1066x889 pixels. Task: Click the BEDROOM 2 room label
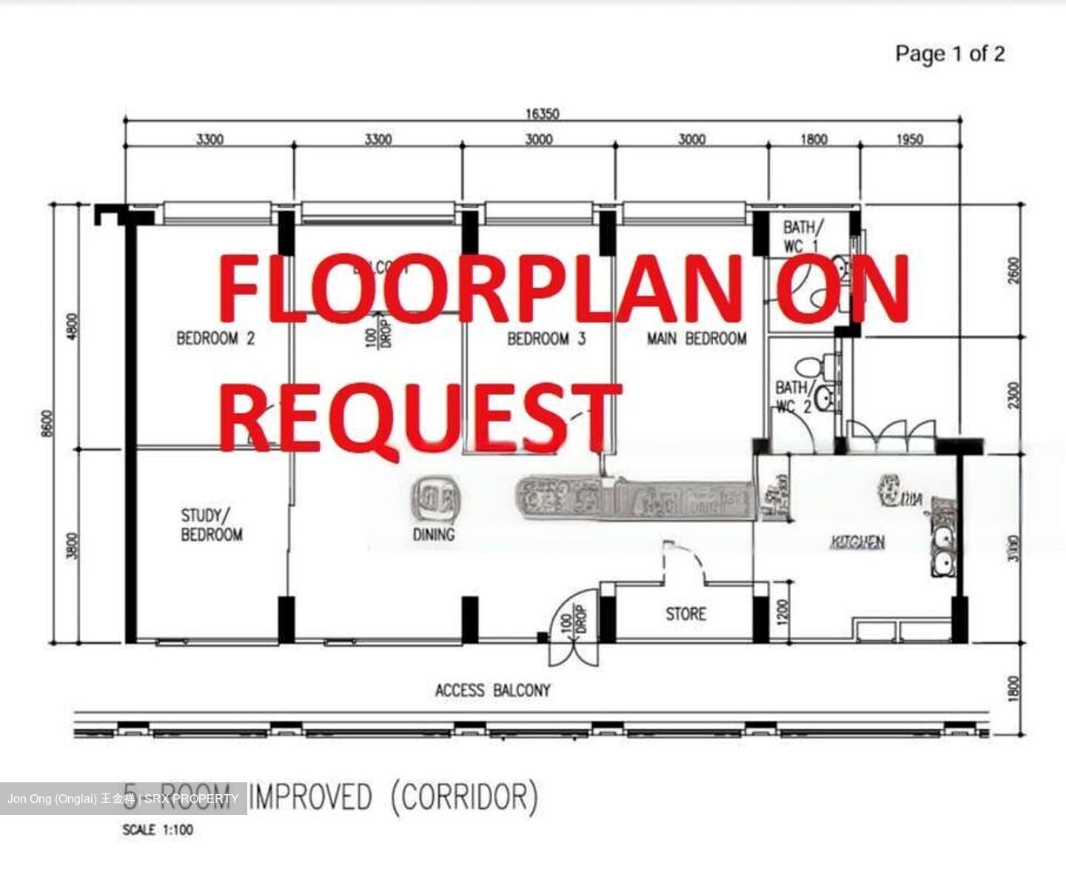(215, 339)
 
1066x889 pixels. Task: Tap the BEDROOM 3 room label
(546, 339)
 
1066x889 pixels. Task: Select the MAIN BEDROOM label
(697, 339)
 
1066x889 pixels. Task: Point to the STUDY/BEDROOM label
(212, 525)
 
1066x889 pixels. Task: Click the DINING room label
(434, 534)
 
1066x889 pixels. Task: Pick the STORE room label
(685, 614)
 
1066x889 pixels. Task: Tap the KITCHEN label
(857, 543)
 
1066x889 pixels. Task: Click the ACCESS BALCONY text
(493, 690)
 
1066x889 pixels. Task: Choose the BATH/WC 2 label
(793, 397)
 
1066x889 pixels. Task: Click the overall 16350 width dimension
(543, 114)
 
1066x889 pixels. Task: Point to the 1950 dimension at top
(910, 139)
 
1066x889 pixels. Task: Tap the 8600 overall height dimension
(48, 424)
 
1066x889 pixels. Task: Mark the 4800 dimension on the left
(72, 326)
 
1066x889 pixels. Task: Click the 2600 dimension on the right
(1013, 270)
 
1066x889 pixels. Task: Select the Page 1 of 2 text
(950, 53)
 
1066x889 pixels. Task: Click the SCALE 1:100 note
(158, 830)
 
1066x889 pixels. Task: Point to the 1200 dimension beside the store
(785, 611)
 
